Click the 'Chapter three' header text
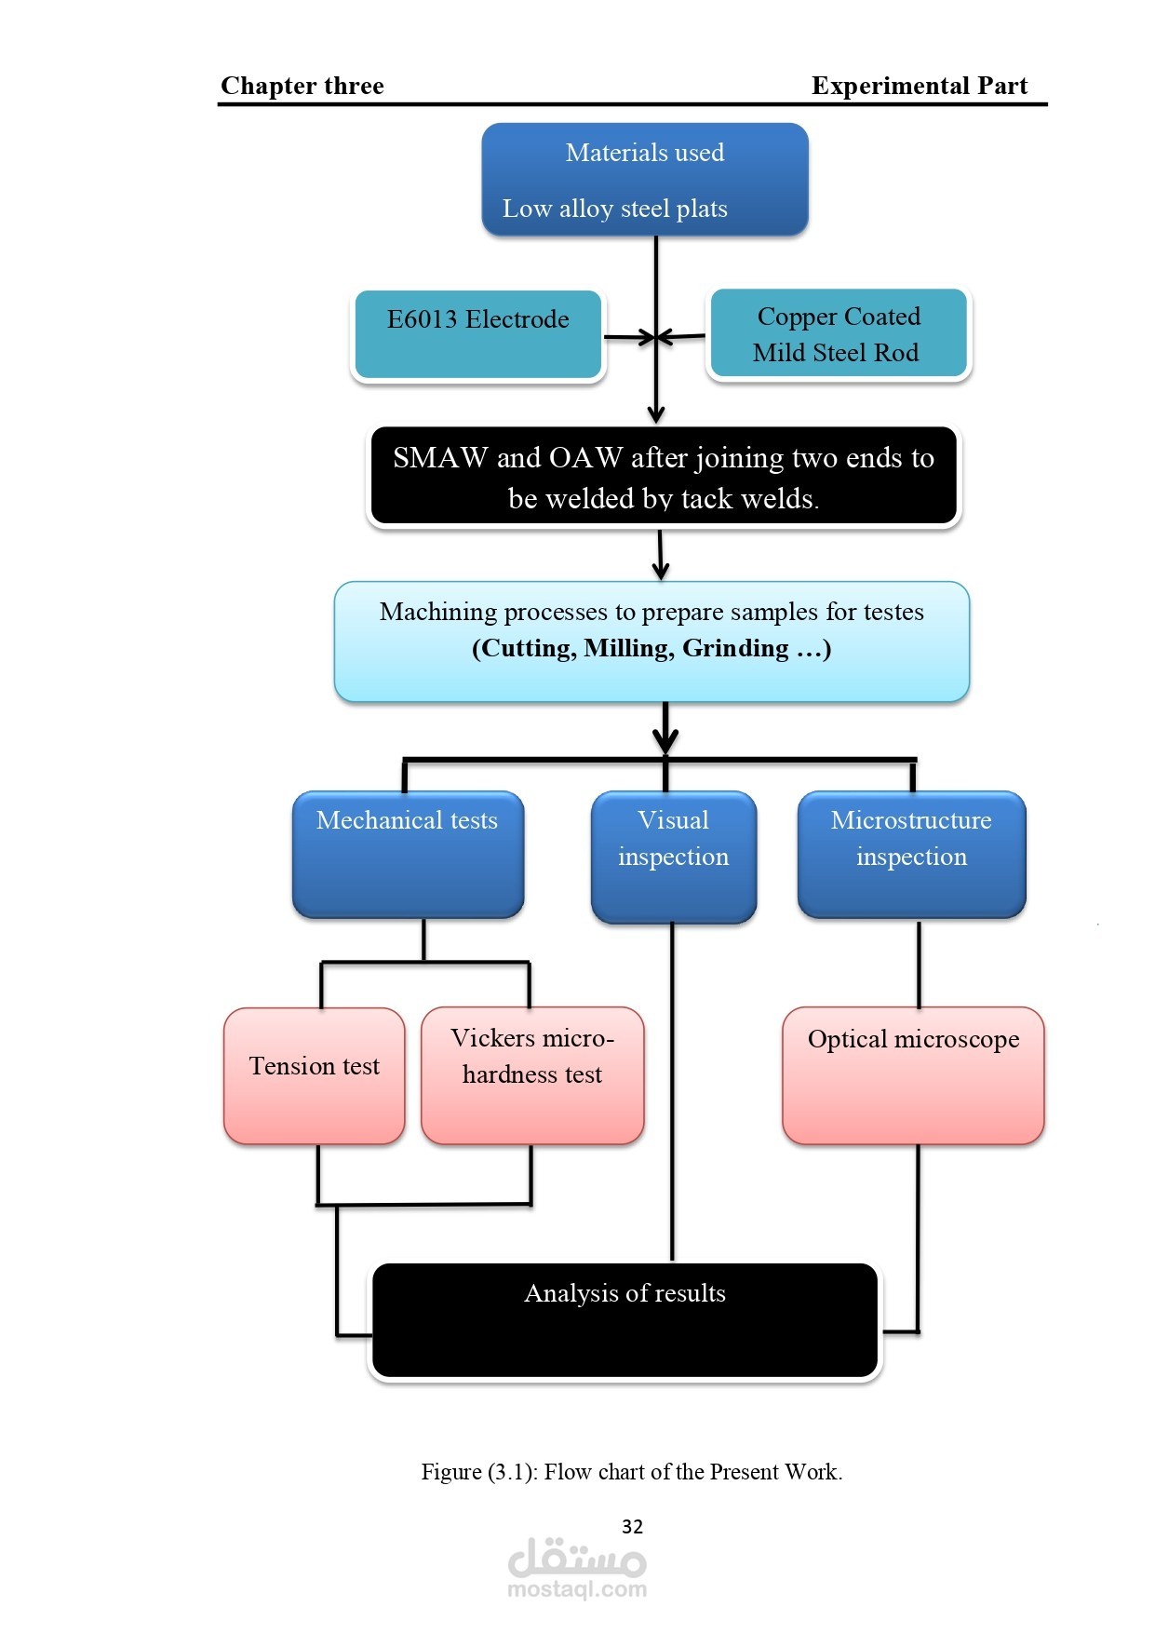pyautogui.click(x=302, y=86)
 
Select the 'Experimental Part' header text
pyautogui.click(x=919, y=86)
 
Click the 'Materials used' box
pyautogui.click(x=644, y=179)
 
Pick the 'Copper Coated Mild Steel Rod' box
pyautogui.click(x=838, y=334)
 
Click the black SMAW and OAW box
pyautogui.click(x=663, y=478)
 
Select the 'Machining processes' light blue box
pyautogui.click(x=651, y=641)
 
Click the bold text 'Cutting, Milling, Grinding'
pyautogui.click(x=651, y=648)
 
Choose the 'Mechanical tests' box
pyautogui.click(x=408, y=854)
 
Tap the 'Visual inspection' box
pyautogui.click(x=673, y=856)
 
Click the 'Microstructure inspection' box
pyautogui.click(x=911, y=854)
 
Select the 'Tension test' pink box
pyautogui.click(x=315, y=1074)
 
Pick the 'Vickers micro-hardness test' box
pyautogui.click(x=532, y=1074)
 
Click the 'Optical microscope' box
pyautogui.click(x=913, y=1074)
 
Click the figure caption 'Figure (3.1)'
pyautogui.click(x=631, y=1472)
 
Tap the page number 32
pyautogui.click(x=632, y=1526)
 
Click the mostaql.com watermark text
pyautogui.click(x=577, y=1589)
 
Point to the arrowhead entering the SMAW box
pyautogui.click(x=656, y=415)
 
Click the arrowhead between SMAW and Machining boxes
pyautogui.click(x=661, y=572)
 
